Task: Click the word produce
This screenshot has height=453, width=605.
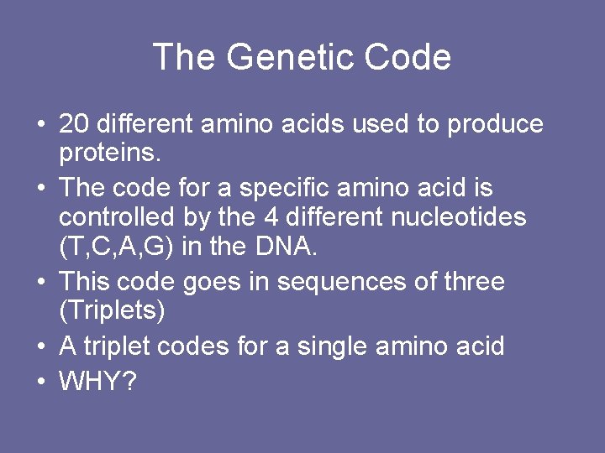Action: pos(495,124)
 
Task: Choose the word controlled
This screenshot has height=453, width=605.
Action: pos(117,218)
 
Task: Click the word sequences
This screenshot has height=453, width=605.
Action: pos(338,281)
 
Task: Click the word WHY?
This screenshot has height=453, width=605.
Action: pos(97,383)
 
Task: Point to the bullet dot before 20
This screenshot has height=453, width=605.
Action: pos(40,125)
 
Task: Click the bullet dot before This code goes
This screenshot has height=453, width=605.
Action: pos(40,282)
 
